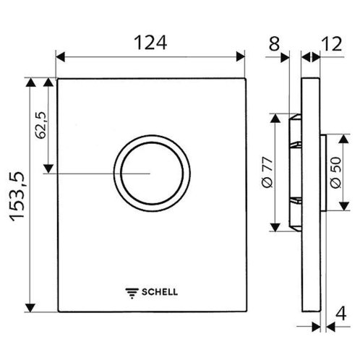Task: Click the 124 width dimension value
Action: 150,43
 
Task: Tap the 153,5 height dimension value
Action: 17,197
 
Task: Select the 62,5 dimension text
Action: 40,125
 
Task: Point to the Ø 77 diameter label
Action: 267,172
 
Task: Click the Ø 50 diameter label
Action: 336,173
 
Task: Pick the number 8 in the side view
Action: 274,44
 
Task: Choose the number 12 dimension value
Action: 333,44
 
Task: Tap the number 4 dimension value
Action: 341,313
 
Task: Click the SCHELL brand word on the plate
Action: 160,292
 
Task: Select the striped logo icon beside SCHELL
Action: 132,293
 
